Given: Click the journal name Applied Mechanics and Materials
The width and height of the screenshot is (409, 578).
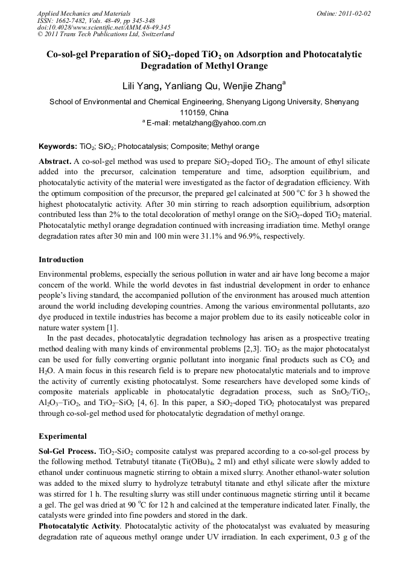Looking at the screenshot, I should tap(83, 13).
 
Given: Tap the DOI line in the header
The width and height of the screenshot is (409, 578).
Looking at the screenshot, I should tap(104, 27).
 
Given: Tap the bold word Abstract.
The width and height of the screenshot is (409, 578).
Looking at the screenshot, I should tap(55, 162).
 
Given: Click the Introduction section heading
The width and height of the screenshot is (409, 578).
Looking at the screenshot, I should tap(61, 260).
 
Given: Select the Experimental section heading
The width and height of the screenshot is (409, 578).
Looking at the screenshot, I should tap(63, 436).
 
